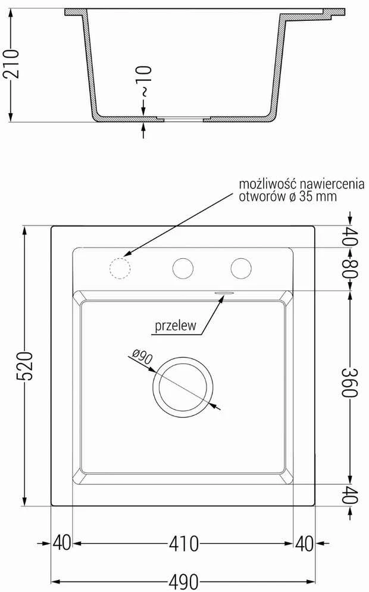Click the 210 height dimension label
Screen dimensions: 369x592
click(x=11, y=64)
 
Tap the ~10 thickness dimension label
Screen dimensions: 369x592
click(x=145, y=81)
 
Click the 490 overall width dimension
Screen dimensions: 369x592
click(x=183, y=581)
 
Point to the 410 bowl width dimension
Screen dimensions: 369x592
click(x=183, y=544)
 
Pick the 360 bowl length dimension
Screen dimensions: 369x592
click(x=349, y=382)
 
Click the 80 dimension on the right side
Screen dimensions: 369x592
click(x=349, y=268)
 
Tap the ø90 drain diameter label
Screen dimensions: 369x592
click(x=142, y=356)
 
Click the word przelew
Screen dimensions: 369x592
click(x=176, y=325)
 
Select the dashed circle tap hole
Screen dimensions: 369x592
click(x=120, y=268)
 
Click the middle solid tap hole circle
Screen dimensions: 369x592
click(x=183, y=268)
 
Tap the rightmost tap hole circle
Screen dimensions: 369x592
click(x=242, y=268)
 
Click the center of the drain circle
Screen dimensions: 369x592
click(x=183, y=387)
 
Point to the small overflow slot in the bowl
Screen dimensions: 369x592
click(x=224, y=292)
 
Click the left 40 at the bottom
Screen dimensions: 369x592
click(x=61, y=544)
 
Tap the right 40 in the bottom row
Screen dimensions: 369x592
click(x=304, y=544)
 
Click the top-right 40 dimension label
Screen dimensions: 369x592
click(x=349, y=236)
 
